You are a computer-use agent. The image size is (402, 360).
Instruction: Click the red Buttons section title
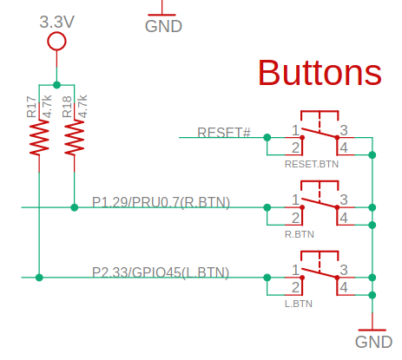coord(320,72)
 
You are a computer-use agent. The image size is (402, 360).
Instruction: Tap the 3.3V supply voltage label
coord(57,22)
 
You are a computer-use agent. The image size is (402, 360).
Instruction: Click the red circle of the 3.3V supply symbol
coord(56,42)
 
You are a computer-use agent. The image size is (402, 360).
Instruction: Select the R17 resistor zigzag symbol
coord(39,138)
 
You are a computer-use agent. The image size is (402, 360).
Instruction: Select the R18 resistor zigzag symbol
coord(75,138)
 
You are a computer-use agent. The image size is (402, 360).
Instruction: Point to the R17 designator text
coord(31,107)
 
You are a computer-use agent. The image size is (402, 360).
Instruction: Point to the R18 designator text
coord(67,107)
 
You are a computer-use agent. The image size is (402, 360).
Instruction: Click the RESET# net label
coord(224,133)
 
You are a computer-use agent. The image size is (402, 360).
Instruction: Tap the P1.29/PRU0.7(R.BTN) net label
coord(161,202)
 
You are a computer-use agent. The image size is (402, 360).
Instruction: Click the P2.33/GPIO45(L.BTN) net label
coord(161,272)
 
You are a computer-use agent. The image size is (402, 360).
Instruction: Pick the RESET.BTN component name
coord(312,164)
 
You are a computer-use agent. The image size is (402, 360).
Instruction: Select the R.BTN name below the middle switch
coord(300,234)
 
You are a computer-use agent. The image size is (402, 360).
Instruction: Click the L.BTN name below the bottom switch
coord(299,304)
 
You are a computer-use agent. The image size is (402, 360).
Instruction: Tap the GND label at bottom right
coord(373,342)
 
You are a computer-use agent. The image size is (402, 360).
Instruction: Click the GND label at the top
coord(163,26)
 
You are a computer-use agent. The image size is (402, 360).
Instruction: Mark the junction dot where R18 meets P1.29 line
coord(75,207)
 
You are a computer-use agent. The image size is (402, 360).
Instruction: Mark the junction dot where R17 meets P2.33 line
coord(39,278)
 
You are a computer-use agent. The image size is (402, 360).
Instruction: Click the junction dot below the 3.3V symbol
coord(56,85)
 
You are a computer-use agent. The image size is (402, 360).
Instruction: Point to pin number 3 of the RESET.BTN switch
coord(344,130)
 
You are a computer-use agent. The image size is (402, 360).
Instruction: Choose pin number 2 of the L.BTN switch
coord(295,287)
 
